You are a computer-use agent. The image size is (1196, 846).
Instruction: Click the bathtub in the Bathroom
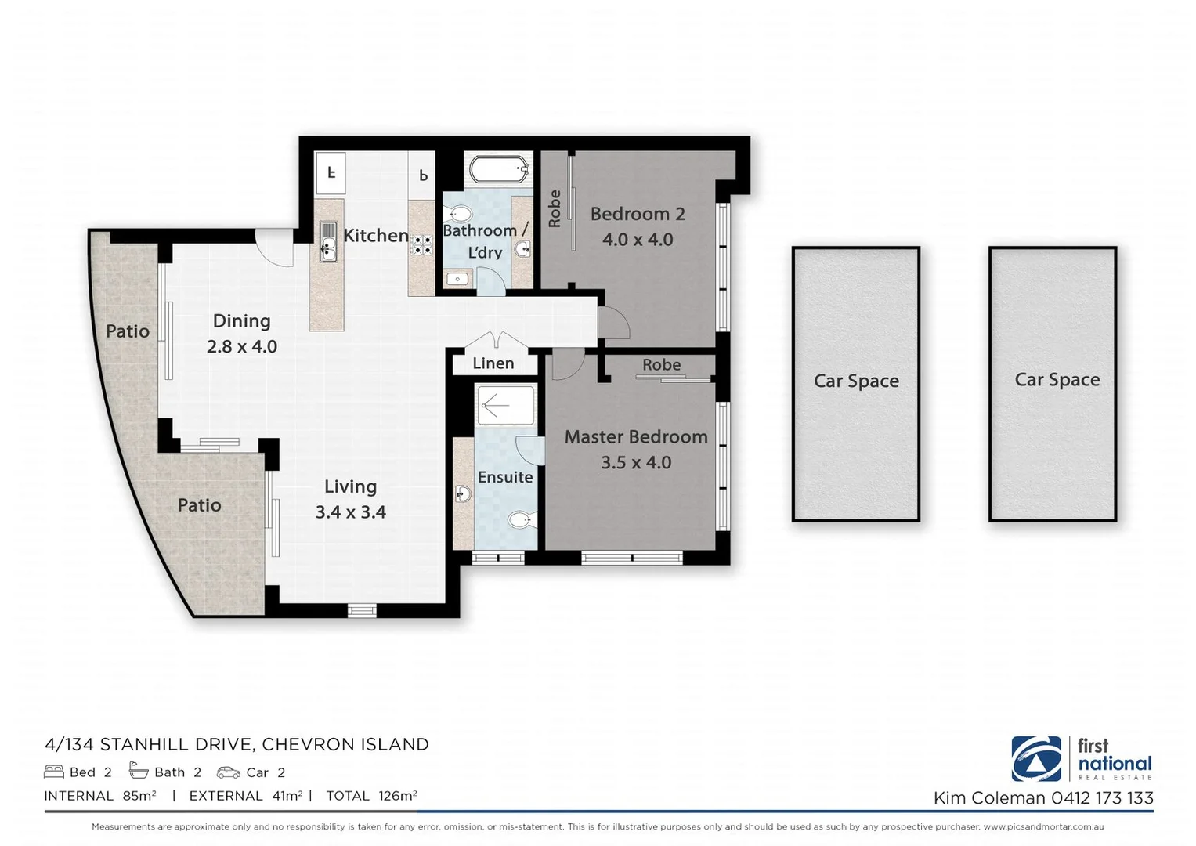(498, 168)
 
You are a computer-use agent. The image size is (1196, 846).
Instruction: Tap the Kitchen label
(375, 235)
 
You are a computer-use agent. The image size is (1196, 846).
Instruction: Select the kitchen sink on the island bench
(328, 242)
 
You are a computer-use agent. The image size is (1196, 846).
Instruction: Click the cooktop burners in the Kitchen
(422, 245)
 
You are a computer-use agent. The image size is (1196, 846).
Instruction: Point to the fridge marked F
(331, 173)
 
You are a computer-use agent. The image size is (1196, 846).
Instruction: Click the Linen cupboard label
(493, 363)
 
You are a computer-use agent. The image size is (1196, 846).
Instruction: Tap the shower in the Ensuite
(504, 406)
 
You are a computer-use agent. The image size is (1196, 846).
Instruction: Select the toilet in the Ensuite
(519, 519)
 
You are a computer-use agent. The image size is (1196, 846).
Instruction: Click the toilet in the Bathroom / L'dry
(458, 214)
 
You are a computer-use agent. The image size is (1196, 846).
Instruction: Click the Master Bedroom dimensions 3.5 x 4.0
(635, 463)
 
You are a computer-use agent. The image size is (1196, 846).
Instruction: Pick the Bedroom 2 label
(637, 214)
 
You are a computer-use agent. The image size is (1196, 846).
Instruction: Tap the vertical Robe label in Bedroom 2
(555, 208)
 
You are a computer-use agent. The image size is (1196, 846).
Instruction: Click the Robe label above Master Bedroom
(661, 365)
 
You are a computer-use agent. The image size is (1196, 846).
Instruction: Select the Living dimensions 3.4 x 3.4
(350, 512)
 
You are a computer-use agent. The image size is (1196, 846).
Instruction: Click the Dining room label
(241, 321)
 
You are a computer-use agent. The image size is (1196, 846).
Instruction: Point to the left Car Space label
(855, 381)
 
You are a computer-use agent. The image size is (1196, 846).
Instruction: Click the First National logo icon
(1035, 758)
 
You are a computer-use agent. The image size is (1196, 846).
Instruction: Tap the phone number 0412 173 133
(1101, 798)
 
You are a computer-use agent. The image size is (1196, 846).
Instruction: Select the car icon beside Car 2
(228, 772)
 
